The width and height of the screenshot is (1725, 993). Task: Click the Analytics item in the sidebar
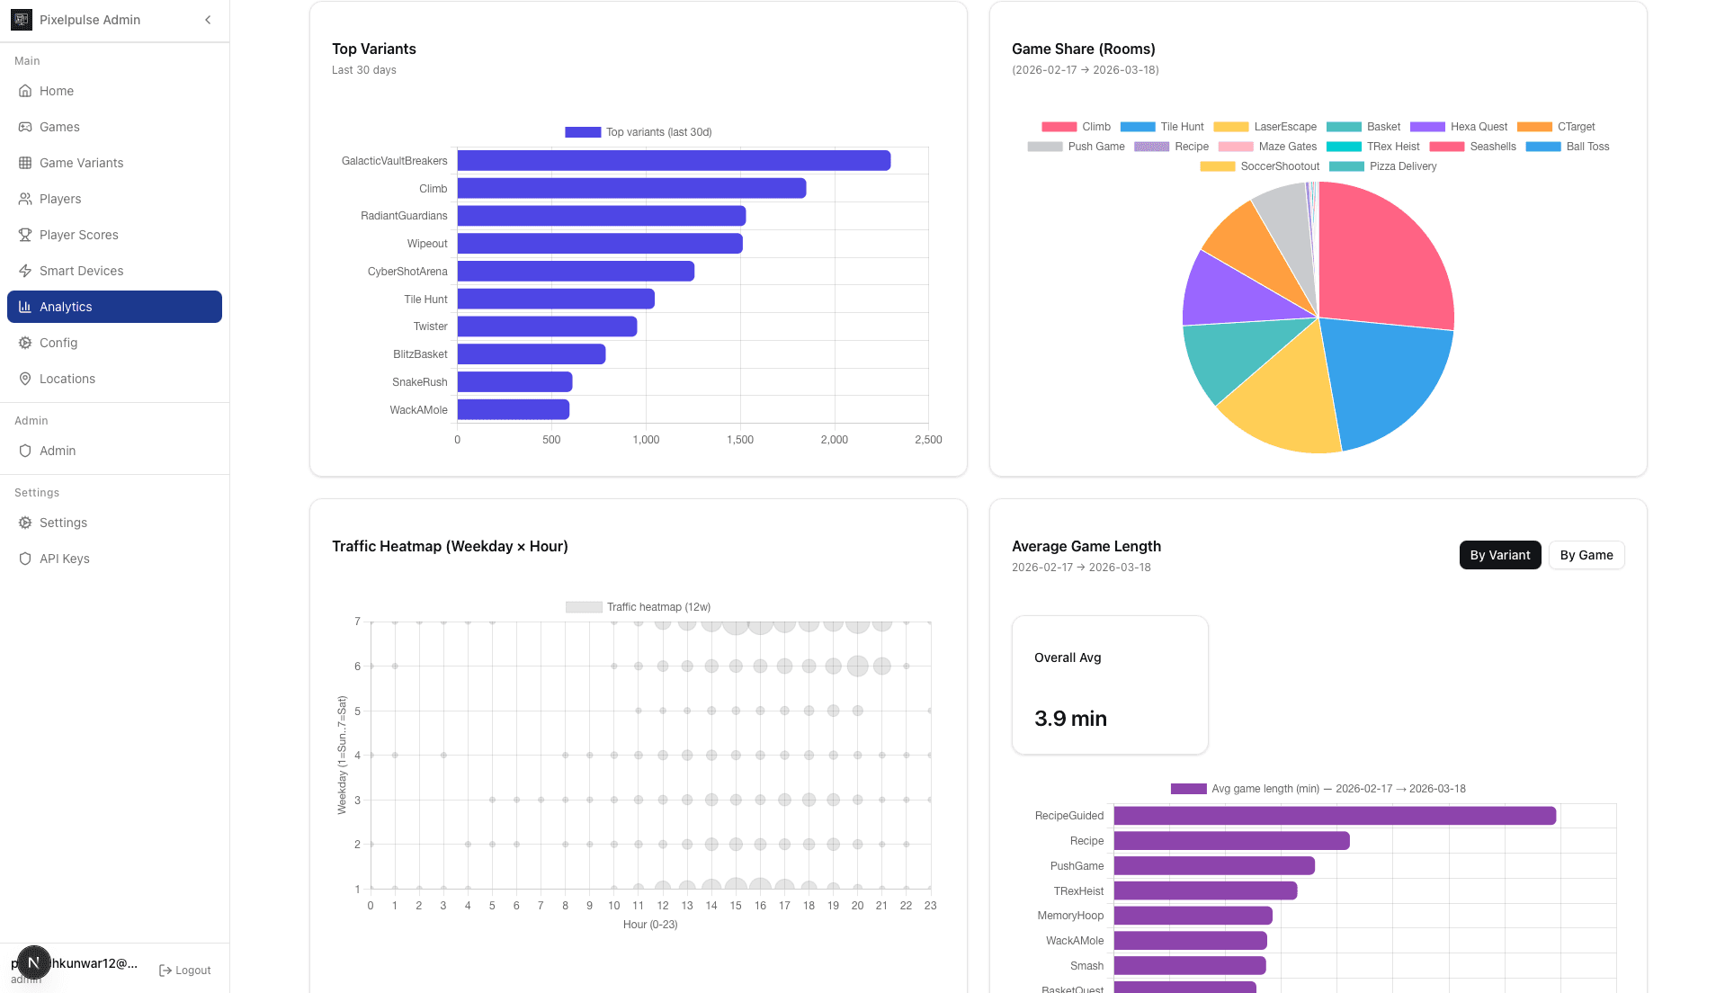pyautogui.click(x=114, y=307)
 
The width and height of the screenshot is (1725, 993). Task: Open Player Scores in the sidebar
pyautogui.click(x=78, y=235)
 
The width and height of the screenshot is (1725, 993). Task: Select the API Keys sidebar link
pyautogui.click(x=64, y=559)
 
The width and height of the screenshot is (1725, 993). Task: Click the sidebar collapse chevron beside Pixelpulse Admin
pyautogui.click(x=208, y=20)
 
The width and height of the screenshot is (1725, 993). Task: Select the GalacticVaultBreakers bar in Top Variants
pyautogui.click(x=673, y=161)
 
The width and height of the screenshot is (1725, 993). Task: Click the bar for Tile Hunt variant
pyautogui.click(x=555, y=300)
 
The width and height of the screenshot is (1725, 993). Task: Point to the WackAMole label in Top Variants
pyautogui.click(x=418, y=410)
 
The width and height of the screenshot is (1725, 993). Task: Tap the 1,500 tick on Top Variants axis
pyautogui.click(x=739, y=440)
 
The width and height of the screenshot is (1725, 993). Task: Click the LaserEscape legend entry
pyautogui.click(x=1283, y=127)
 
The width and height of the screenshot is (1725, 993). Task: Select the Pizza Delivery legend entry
pyautogui.click(x=1401, y=166)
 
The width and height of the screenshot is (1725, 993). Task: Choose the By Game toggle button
pyautogui.click(x=1586, y=555)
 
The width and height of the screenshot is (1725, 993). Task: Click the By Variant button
pyautogui.click(x=1499, y=555)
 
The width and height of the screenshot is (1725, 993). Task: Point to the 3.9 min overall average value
pyautogui.click(x=1070, y=719)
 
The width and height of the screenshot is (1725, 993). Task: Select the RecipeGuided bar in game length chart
pyautogui.click(x=1334, y=816)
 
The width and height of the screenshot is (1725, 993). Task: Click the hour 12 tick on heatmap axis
pyautogui.click(x=662, y=906)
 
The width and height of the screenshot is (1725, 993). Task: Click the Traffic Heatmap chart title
pyautogui.click(x=450, y=546)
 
